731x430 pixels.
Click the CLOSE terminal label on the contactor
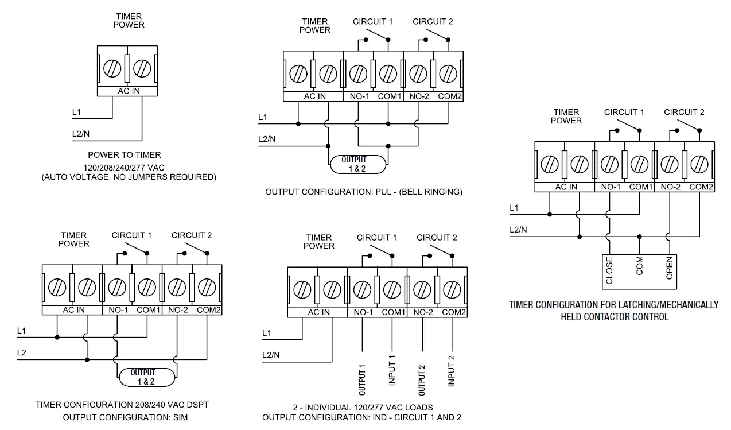(x=609, y=270)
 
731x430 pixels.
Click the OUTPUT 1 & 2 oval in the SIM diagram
(x=146, y=377)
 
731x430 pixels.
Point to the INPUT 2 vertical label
(x=452, y=370)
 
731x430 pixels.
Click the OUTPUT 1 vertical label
(x=363, y=379)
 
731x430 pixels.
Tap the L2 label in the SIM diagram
(x=22, y=352)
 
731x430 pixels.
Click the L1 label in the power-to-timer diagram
(x=77, y=112)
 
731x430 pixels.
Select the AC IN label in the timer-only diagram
(x=129, y=91)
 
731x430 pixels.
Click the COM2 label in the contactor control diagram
(x=701, y=187)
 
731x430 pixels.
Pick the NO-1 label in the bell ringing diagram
(x=359, y=96)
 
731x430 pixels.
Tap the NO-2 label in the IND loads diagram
(x=423, y=312)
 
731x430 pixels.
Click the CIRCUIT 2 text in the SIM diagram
(x=192, y=235)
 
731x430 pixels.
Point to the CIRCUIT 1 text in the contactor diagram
(x=624, y=112)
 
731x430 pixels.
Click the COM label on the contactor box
(x=640, y=266)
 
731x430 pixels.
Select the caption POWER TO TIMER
(x=125, y=155)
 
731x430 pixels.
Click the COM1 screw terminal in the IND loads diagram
(x=392, y=290)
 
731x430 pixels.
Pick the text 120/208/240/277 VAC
(x=129, y=167)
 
